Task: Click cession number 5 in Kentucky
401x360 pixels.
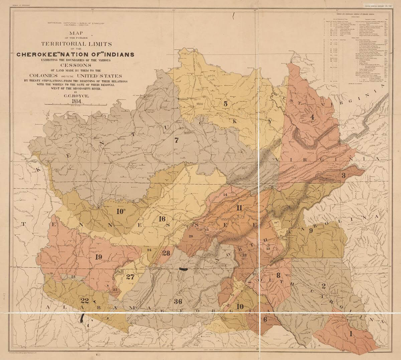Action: point(225,104)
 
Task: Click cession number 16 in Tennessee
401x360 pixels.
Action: point(162,219)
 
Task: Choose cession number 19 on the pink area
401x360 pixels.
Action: point(98,257)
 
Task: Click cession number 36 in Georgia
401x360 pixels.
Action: point(178,301)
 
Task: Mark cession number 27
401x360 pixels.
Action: point(130,277)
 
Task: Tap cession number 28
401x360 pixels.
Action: point(166,252)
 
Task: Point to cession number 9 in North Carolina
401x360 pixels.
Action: point(310,230)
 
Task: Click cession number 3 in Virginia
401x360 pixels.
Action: point(343,175)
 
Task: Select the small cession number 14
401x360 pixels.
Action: point(225,195)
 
